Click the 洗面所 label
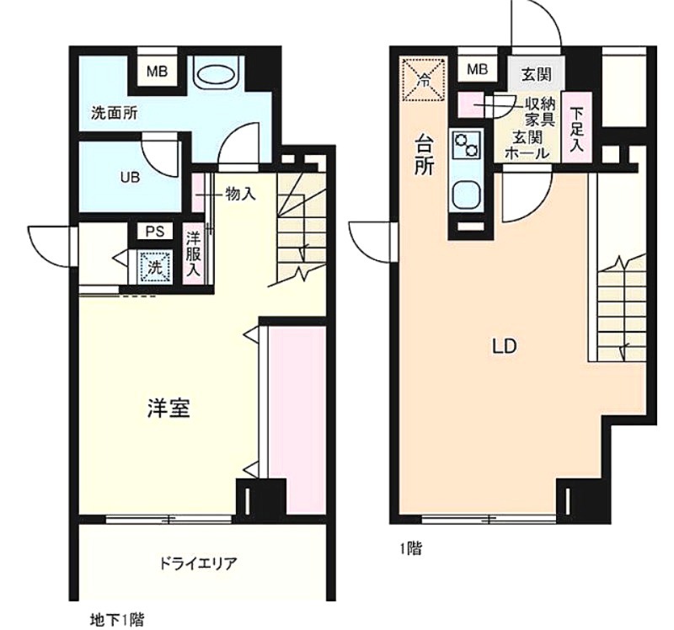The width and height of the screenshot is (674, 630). tap(115, 113)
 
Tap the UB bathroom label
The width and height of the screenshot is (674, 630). tap(130, 178)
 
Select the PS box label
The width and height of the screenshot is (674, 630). tap(155, 232)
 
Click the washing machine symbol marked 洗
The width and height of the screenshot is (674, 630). tap(155, 267)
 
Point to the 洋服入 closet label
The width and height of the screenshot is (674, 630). tap(194, 254)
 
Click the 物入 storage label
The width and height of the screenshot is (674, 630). tap(241, 195)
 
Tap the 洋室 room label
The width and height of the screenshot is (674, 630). tap(169, 408)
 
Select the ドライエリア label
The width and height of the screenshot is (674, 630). tap(199, 563)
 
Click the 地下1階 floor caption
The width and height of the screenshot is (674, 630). tap(117, 620)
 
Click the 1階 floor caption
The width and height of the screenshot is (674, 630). tap(411, 548)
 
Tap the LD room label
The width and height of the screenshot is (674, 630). tap(505, 346)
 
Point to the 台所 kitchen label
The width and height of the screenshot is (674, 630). tap(424, 154)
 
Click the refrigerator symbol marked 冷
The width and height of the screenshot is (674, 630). tap(424, 79)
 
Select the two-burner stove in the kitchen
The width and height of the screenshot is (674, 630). tap(467, 145)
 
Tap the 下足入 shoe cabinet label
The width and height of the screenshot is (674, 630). tap(576, 129)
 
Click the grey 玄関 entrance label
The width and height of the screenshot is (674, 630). tap(537, 74)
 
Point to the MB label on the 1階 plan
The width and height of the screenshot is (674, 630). tap(477, 69)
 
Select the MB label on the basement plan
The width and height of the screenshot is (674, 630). tap(157, 71)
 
